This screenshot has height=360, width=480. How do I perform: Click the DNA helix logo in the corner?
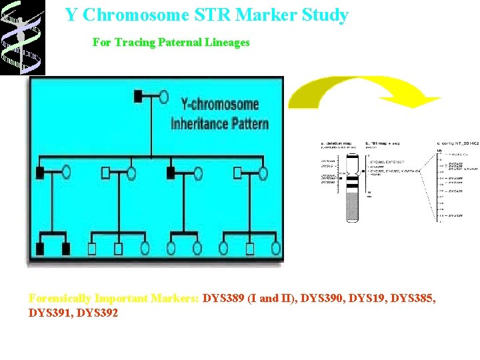click(x=22, y=37)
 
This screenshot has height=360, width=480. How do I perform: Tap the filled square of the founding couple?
click(x=138, y=97)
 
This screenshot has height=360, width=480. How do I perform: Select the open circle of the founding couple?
click(x=163, y=97)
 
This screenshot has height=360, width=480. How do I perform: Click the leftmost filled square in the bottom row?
click(x=39, y=249)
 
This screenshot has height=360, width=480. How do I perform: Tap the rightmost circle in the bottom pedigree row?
click(x=275, y=249)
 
